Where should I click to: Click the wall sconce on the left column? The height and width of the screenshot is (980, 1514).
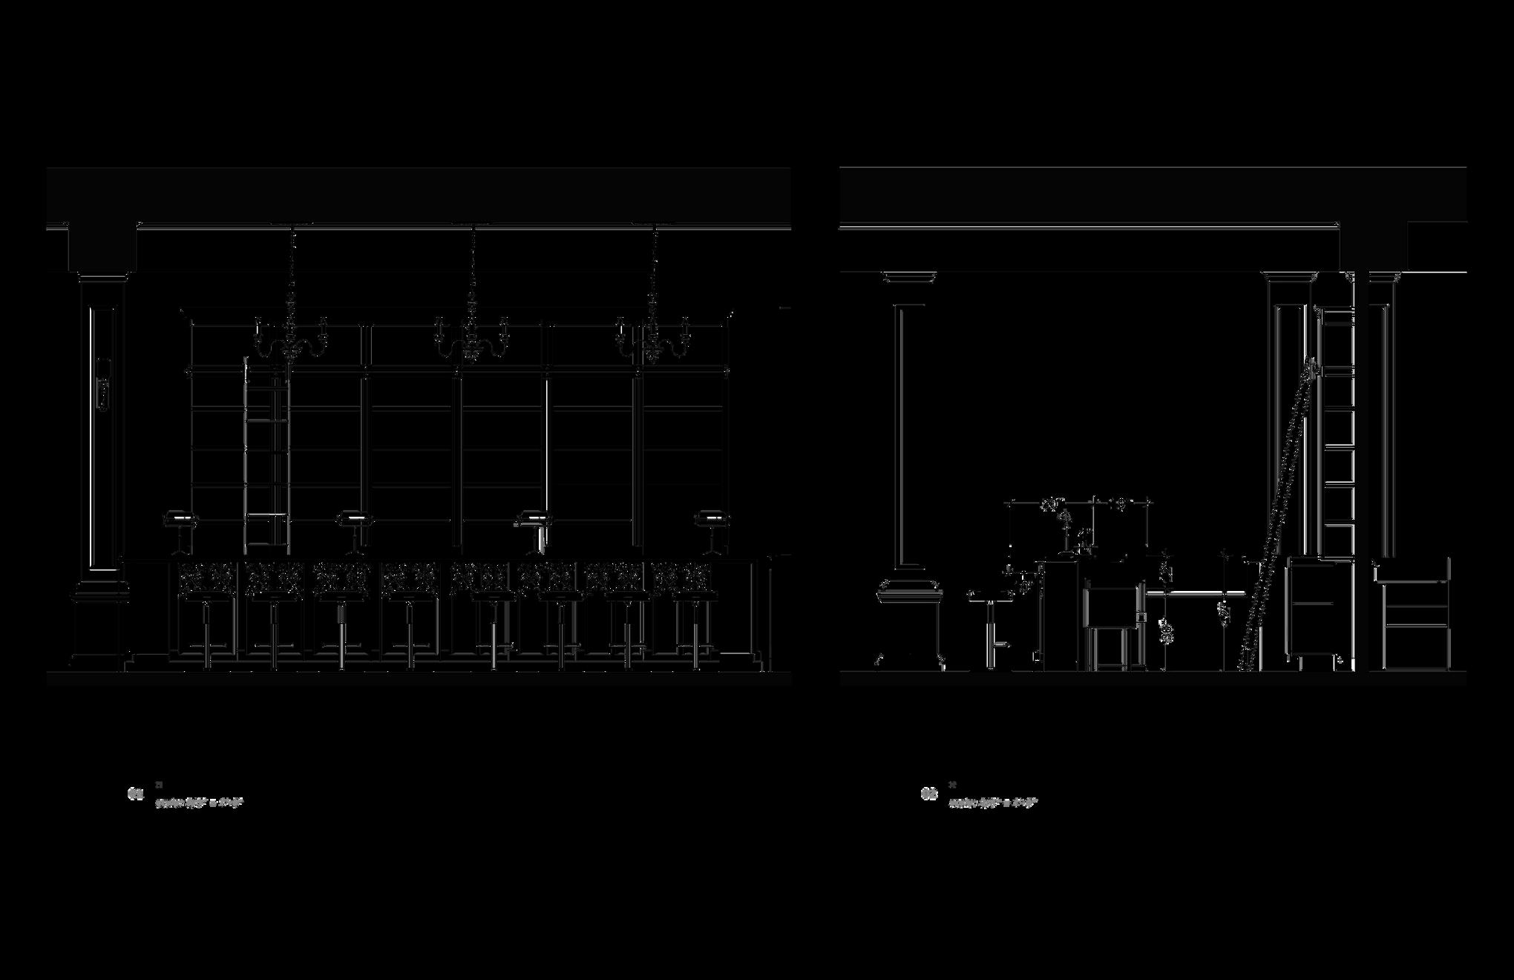[x=104, y=384]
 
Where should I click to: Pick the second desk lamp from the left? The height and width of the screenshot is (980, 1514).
[x=354, y=529]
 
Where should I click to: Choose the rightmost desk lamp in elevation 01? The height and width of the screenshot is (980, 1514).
[x=712, y=529]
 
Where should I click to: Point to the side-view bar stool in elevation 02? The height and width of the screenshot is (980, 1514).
[x=991, y=624]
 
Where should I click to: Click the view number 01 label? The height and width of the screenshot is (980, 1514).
[x=135, y=794]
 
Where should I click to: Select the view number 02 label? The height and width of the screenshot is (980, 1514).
[x=929, y=794]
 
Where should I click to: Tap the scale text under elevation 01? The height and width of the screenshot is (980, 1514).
[x=199, y=803]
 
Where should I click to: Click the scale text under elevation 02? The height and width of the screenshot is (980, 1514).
[x=993, y=803]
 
